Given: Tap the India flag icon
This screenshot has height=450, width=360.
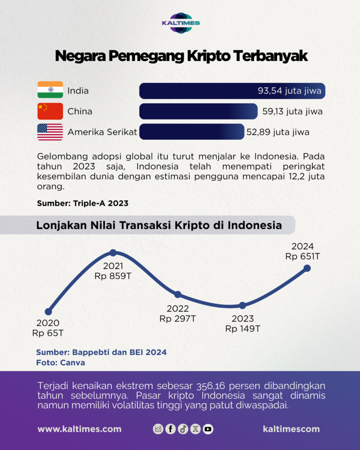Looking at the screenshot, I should [x=50, y=91].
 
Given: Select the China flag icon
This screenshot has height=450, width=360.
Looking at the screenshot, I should [x=50, y=111].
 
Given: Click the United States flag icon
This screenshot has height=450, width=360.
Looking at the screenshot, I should [x=50, y=132].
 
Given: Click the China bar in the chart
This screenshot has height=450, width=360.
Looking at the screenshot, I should [x=198, y=111].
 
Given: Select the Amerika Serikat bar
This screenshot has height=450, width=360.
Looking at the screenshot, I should [x=191, y=132].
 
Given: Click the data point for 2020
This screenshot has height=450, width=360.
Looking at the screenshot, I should [x=48, y=312].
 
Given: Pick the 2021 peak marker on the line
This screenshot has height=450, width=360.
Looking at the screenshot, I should [x=113, y=253].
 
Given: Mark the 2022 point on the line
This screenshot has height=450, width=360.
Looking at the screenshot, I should [x=178, y=294].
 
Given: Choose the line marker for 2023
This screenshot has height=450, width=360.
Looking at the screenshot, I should [x=242, y=305].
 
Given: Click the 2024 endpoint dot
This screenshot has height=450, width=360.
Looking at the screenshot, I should [x=307, y=268].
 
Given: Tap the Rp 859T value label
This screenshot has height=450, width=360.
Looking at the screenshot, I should [x=113, y=276].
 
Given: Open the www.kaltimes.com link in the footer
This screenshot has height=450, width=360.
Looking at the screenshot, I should [x=80, y=429].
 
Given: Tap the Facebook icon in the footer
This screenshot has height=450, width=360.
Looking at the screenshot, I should [x=171, y=429].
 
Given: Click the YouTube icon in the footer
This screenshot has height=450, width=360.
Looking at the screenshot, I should [x=208, y=429].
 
